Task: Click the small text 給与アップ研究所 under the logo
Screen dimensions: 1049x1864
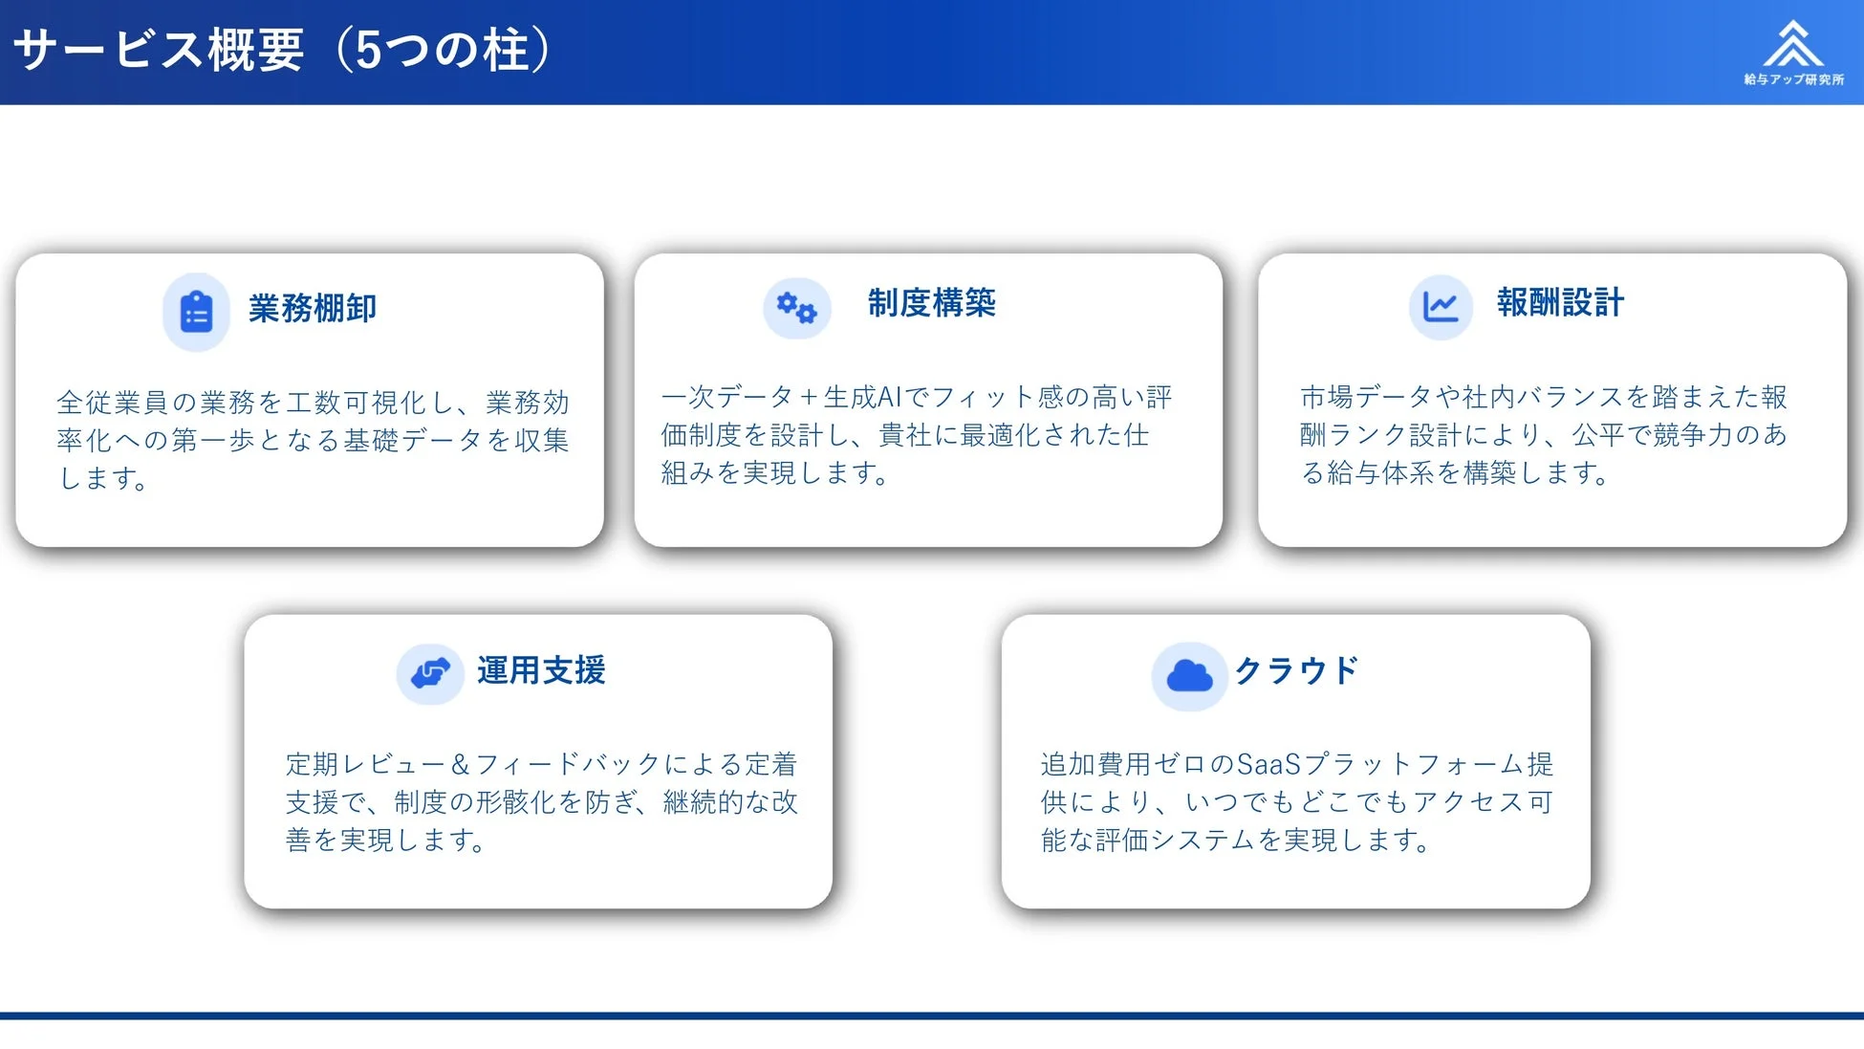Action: click(1793, 79)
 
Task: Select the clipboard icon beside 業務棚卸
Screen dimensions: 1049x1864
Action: click(197, 312)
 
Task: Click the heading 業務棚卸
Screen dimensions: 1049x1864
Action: click(313, 309)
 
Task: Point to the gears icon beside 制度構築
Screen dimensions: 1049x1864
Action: click(796, 308)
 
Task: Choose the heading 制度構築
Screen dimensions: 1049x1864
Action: click(931, 303)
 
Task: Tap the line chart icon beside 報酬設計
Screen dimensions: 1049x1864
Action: click(1440, 307)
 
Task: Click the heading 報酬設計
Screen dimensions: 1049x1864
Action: click(1560, 303)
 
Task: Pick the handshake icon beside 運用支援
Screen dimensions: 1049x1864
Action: click(430, 673)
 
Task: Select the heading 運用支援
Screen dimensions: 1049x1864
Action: click(541, 670)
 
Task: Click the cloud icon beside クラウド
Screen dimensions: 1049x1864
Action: click(1189, 676)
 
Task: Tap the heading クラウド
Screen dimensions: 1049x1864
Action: click(1295, 670)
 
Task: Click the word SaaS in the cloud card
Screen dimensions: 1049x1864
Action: click(1268, 764)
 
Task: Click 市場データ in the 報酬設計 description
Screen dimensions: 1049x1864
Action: click(1354, 397)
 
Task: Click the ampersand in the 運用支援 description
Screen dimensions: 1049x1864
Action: click(460, 764)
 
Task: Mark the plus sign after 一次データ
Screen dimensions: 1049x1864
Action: click(809, 397)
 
